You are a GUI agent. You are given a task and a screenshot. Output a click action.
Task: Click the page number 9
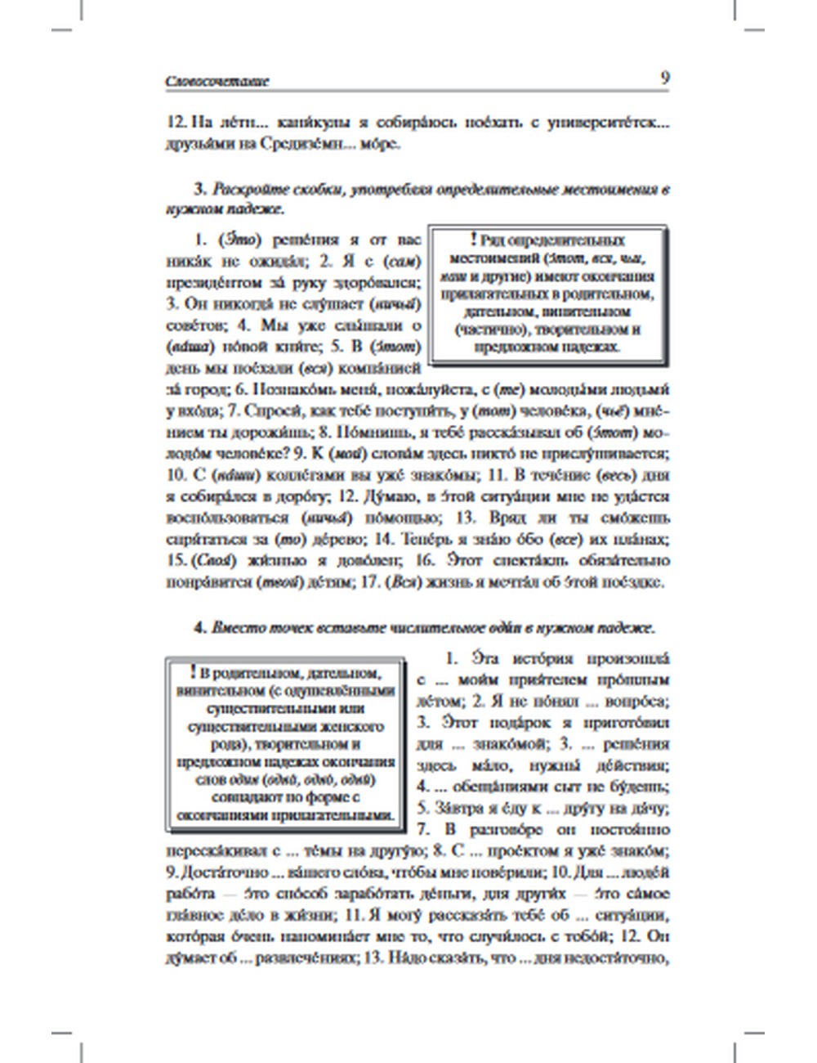point(664,78)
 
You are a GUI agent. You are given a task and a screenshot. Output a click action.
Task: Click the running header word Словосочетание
point(217,81)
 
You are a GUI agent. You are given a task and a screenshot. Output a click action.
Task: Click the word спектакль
point(522,560)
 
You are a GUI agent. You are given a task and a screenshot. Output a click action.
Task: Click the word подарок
point(518,723)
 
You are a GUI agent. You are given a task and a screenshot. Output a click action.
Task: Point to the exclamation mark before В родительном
point(192,672)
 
